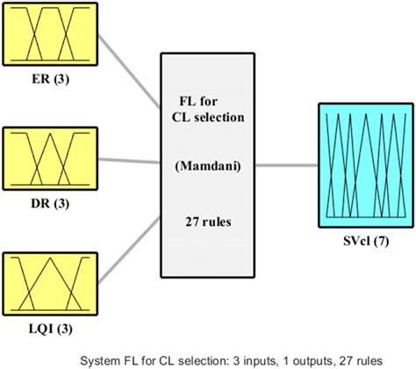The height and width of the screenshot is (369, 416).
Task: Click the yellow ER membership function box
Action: [48, 33]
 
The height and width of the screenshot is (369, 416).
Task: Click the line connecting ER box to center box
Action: [126, 69]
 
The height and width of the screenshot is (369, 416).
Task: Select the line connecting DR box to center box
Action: [126, 161]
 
